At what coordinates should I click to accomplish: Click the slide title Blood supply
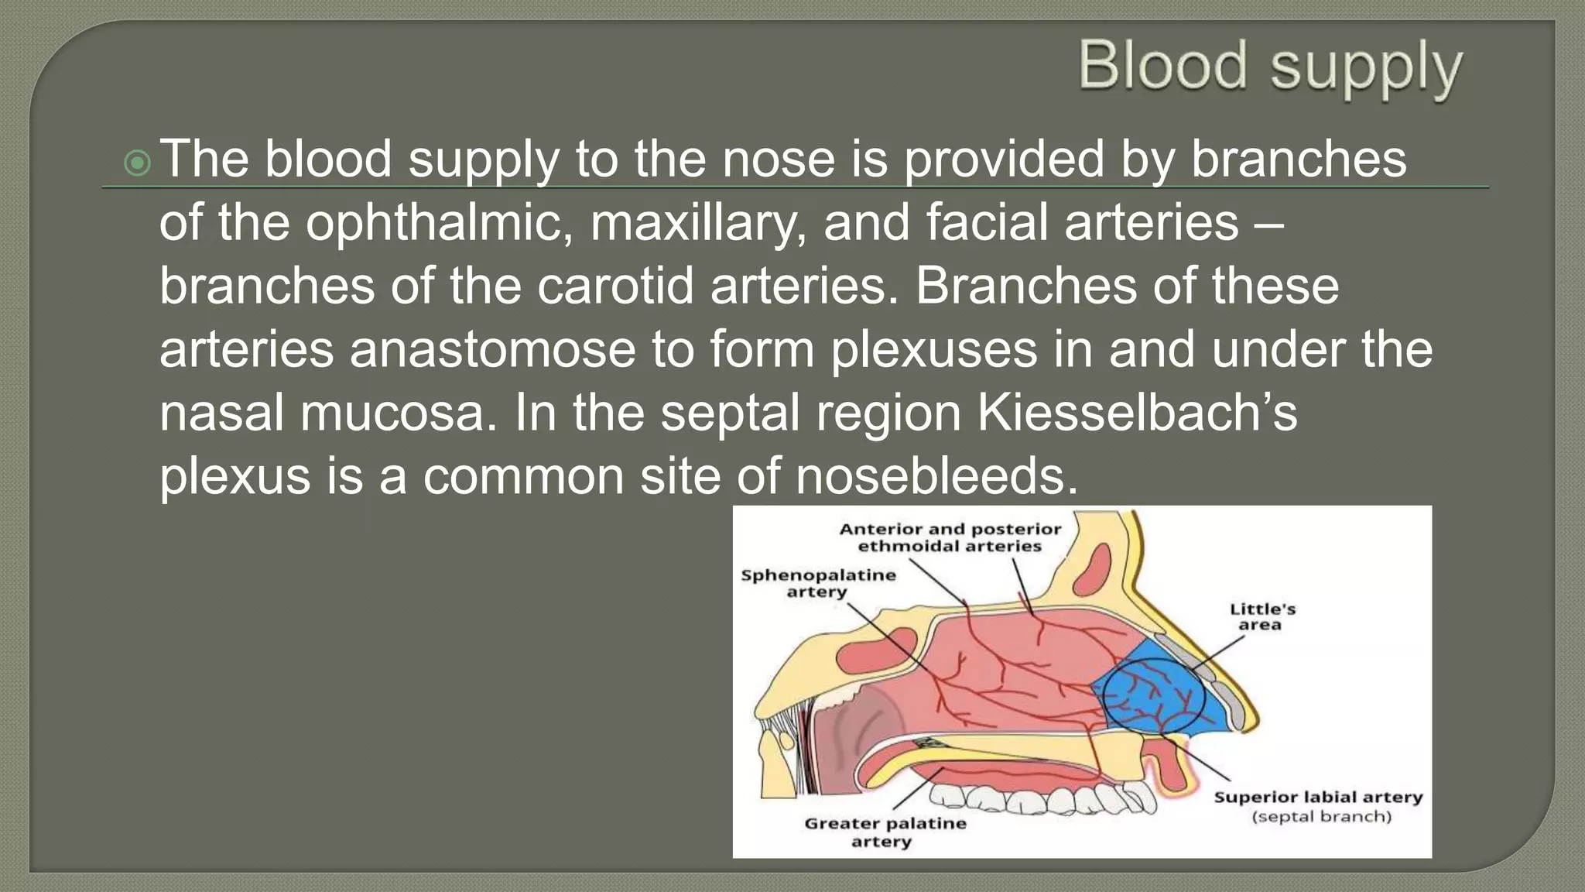pyautogui.click(x=1270, y=68)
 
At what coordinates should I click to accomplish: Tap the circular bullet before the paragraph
pyautogui.click(x=137, y=163)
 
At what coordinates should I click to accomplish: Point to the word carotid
pyautogui.click(x=615, y=286)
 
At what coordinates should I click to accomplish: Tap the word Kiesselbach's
pyautogui.click(x=1137, y=413)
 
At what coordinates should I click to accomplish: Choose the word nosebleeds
pyautogui.click(x=936, y=476)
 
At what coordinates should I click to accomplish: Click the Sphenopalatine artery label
pyautogui.click(x=818, y=583)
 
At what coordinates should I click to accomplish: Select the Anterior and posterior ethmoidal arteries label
pyautogui.click(x=950, y=537)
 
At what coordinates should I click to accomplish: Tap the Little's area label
pyautogui.click(x=1261, y=616)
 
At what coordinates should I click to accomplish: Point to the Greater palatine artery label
pyautogui.click(x=885, y=832)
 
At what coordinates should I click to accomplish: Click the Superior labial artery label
pyautogui.click(x=1317, y=797)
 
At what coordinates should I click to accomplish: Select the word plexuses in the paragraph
pyautogui.click(x=933, y=350)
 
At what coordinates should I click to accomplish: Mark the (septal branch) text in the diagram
pyautogui.click(x=1321, y=816)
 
